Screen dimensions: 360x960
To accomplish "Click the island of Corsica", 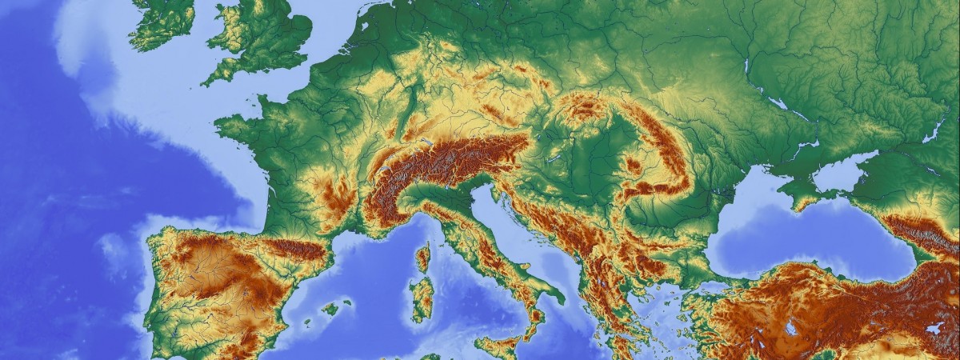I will point(422,257).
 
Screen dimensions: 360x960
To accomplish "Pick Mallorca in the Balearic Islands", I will point(330,308).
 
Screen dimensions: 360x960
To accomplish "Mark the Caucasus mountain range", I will point(920,232).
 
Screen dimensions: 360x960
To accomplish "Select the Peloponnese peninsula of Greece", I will point(624,340).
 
